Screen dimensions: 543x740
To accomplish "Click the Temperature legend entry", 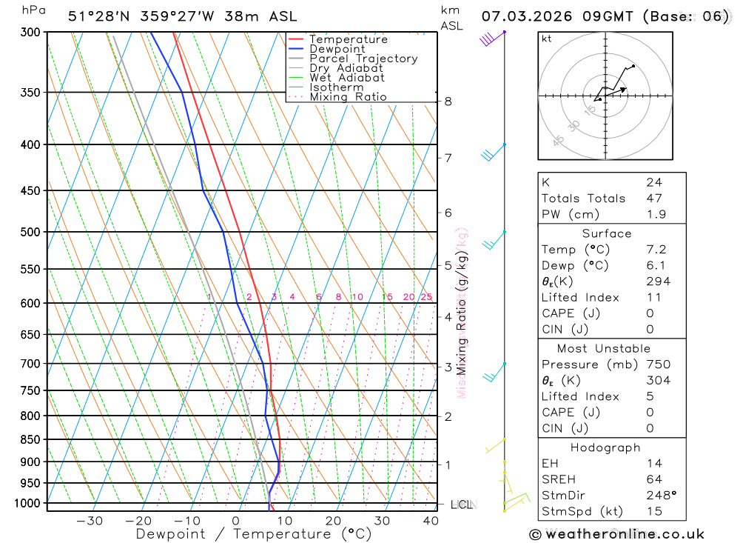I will pos(348,39).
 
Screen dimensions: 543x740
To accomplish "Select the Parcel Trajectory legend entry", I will pos(363,59).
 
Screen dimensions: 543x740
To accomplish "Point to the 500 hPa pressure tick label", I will pos(30,232).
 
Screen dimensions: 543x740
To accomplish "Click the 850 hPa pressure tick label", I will pos(30,439).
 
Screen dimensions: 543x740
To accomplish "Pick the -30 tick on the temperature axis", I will pos(90,521).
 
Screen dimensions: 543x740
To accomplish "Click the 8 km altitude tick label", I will pos(448,101).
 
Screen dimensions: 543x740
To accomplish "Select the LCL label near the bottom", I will pos(461,505).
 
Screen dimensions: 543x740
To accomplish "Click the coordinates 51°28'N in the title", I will pos(100,16).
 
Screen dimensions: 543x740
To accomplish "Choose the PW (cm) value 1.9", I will pos(656,215).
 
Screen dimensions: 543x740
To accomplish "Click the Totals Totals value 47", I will pos(654,199).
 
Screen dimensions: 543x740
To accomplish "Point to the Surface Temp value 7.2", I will pos(656,250).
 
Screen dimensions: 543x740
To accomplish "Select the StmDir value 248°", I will pos(659,496).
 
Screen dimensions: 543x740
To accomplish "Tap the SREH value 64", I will pos(654,479).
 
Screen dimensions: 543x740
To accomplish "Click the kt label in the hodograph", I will pos(547,39).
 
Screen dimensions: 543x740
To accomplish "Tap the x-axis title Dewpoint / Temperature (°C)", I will pos(254,534).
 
